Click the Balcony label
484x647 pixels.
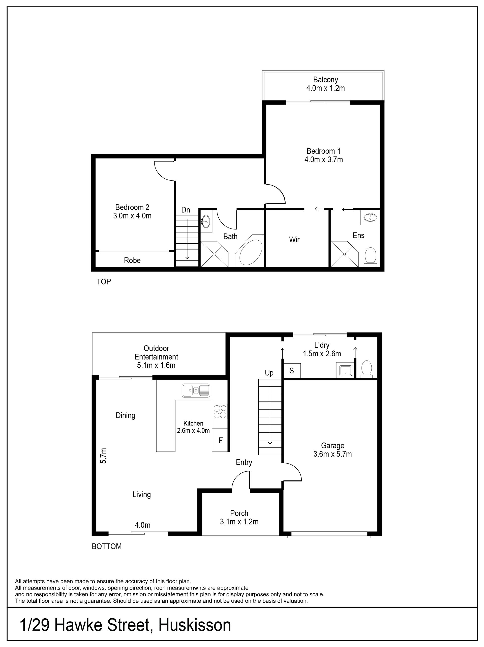tap(325, 80)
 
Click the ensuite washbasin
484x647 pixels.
tap(370, 217)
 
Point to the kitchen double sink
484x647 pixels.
tap(196, 391)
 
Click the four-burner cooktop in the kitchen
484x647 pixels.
tap(220, 411)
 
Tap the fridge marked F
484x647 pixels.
tap(220, 440)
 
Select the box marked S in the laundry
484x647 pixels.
tap(291, 371)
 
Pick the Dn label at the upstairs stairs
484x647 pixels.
tap(186, 210)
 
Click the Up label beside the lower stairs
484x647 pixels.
tap(269, 373)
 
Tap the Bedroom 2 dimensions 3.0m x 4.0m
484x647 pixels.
tap(132, 216)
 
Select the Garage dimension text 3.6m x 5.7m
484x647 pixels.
tap(332, 454)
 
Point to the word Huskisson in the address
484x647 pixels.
tap(195, 625)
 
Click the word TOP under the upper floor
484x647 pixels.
tap(104, 282)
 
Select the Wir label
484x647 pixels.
tap(294, 240)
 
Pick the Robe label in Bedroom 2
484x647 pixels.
tap(132, 260)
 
